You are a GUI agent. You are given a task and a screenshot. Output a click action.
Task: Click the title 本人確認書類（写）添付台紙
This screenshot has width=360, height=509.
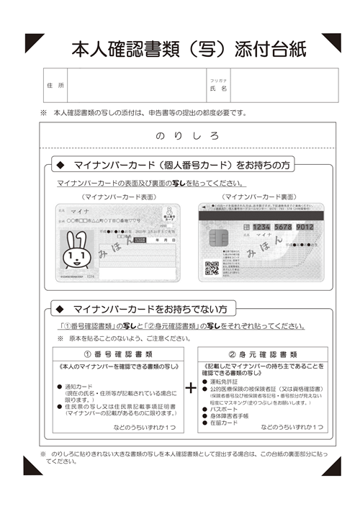(188, 48)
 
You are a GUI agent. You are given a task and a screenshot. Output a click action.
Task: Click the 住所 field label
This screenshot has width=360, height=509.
(55, 86)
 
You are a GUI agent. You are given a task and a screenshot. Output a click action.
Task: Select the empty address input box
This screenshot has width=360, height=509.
(136, 86)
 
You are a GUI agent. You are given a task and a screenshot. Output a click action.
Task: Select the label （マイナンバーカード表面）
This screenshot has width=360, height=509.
(118, 196)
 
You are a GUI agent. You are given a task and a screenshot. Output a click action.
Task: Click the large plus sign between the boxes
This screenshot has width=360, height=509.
(191, 388)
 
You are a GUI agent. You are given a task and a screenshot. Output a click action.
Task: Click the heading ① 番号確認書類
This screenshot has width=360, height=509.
(117, 354)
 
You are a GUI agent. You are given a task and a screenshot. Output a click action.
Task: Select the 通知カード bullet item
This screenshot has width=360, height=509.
(80, 387)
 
